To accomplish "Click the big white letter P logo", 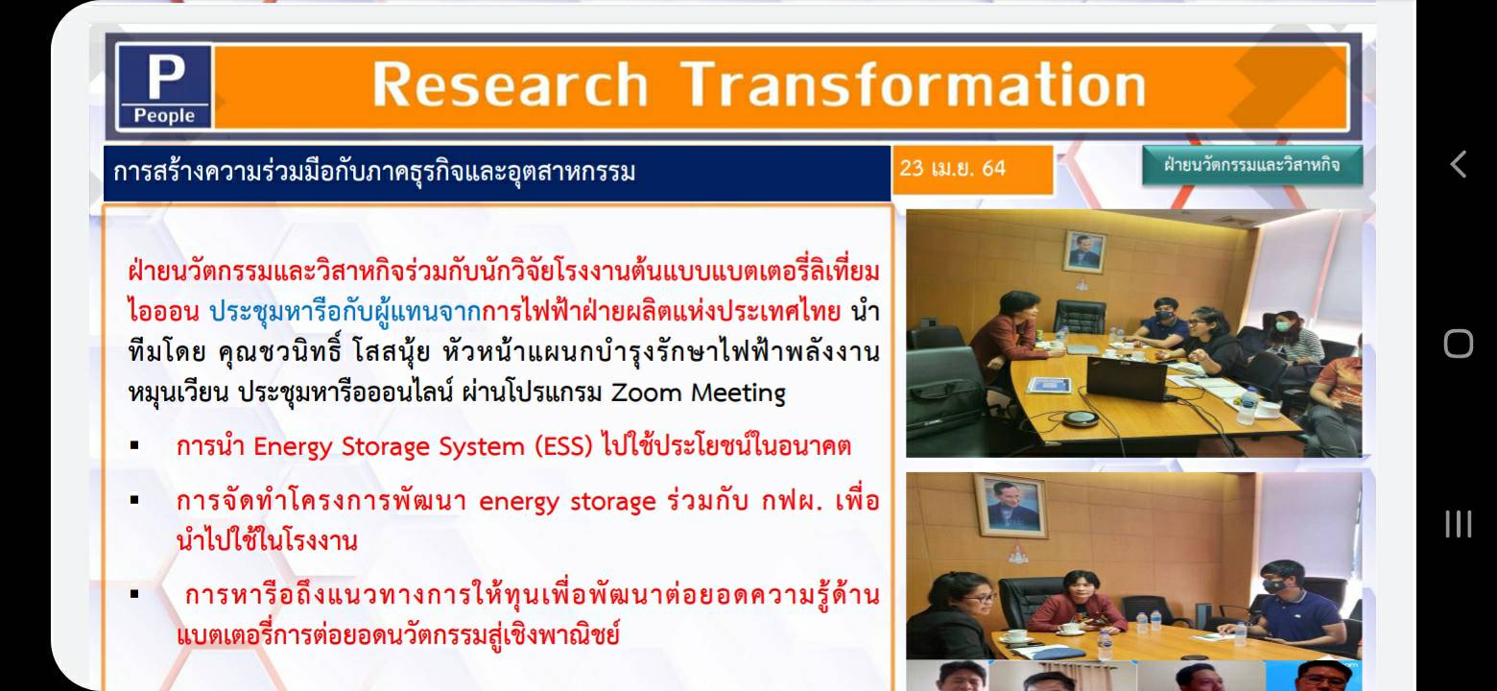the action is coord(166,76).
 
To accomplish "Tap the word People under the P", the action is coord(164,115).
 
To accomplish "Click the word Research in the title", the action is coord(510,84).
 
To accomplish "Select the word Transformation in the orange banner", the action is coord(914,84).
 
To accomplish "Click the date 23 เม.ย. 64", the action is coord(952,168).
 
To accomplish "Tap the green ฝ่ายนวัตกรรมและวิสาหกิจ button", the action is coord(1252,165).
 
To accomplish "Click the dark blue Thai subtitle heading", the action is coord(374,173).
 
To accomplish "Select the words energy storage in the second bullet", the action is coord(567,502).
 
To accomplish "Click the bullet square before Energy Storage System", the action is coord(135,445).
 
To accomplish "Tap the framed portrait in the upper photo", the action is coord(1084,251).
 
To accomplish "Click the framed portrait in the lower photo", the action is coord(1010,506).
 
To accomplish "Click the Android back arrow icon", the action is coord(1458,164).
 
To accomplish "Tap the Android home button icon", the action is coord(1459,345).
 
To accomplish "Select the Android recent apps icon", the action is coord(1459,524).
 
